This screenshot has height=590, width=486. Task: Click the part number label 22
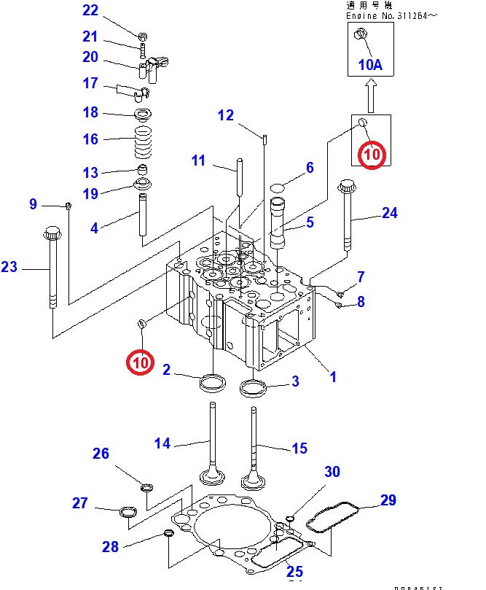tap(90, 10)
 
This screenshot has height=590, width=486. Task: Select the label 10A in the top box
tap(370, 64)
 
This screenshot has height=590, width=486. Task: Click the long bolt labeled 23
tap(52, 270)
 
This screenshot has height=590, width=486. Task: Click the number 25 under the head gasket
tap(294, 571)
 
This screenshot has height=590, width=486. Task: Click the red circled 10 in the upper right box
tap(372, 155)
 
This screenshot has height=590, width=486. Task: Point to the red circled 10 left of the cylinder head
tap(141, 360)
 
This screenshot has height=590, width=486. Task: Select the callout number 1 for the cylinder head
tap(333, 377)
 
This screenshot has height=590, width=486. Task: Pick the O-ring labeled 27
tap(128, 513)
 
